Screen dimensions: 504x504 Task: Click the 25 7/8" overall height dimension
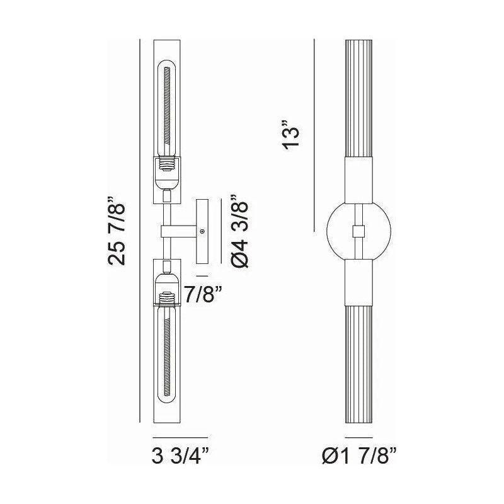point(116,231)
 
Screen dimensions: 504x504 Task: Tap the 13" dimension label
point(291,135)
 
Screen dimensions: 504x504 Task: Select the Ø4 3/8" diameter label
point(240,231)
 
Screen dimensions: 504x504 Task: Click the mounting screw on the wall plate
point(202,231)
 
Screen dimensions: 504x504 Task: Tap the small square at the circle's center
point(358,231)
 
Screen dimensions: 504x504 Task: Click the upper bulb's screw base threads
point(167,165)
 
